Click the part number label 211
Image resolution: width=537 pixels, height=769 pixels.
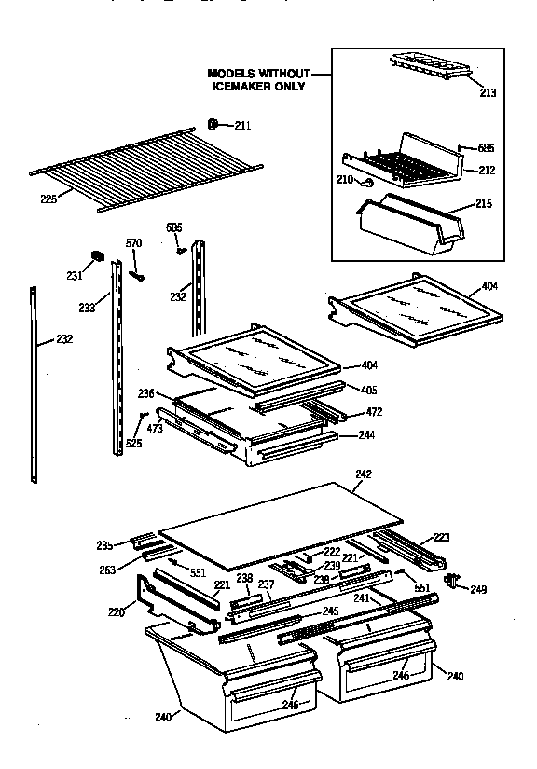(242, 125)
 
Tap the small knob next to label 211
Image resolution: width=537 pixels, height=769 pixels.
(213, 123)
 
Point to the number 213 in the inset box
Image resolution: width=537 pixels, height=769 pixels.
(488, 92)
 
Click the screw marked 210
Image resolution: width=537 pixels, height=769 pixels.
(370, 183)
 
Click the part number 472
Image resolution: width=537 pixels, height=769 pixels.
(374, 411)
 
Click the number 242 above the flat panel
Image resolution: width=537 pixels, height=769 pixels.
(364, 474)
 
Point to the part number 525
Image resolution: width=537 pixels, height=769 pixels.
(134, 444)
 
